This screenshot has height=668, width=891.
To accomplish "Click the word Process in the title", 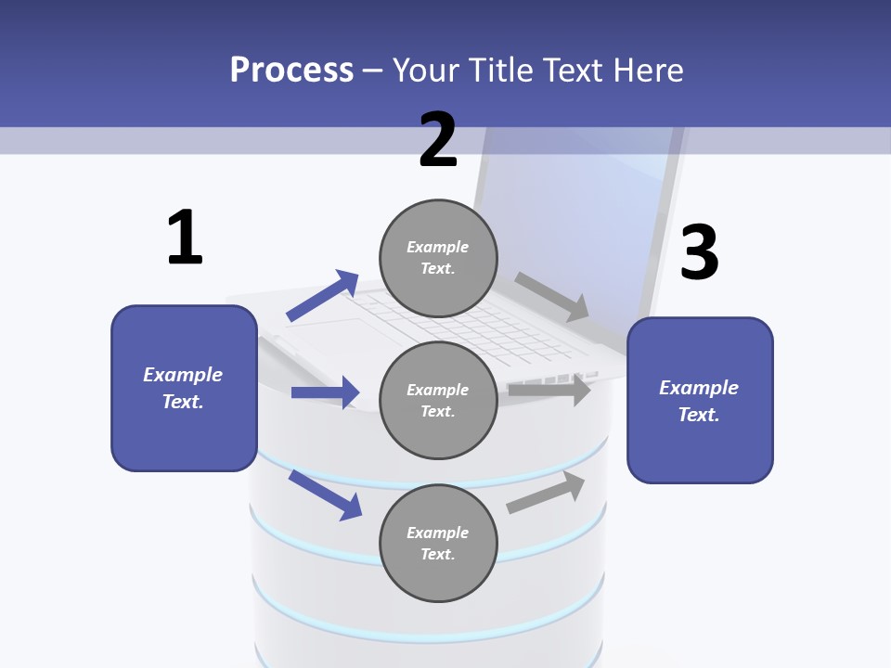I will [291, 71].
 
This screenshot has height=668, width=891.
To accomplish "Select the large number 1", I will [185, 238].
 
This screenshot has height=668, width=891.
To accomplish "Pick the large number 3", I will [699, 253].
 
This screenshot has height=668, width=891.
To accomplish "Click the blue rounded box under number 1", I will [184, 388].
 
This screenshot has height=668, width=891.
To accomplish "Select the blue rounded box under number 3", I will [700, 400].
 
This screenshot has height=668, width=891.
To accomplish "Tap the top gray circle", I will [438, 258].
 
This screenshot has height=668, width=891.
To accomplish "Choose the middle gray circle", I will [438, 400].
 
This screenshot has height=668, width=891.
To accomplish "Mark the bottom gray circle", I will [438, 543].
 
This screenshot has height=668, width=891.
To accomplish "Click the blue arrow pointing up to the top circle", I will [322, 296].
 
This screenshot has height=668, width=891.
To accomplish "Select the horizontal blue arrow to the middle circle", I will [325, 392].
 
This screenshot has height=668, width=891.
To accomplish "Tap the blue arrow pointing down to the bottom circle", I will [325, 495].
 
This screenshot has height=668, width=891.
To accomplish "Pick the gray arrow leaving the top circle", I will [552, 296].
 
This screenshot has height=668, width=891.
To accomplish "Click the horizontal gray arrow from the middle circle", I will [549, 391].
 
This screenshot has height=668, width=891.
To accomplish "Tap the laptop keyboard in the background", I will [464, 325].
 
